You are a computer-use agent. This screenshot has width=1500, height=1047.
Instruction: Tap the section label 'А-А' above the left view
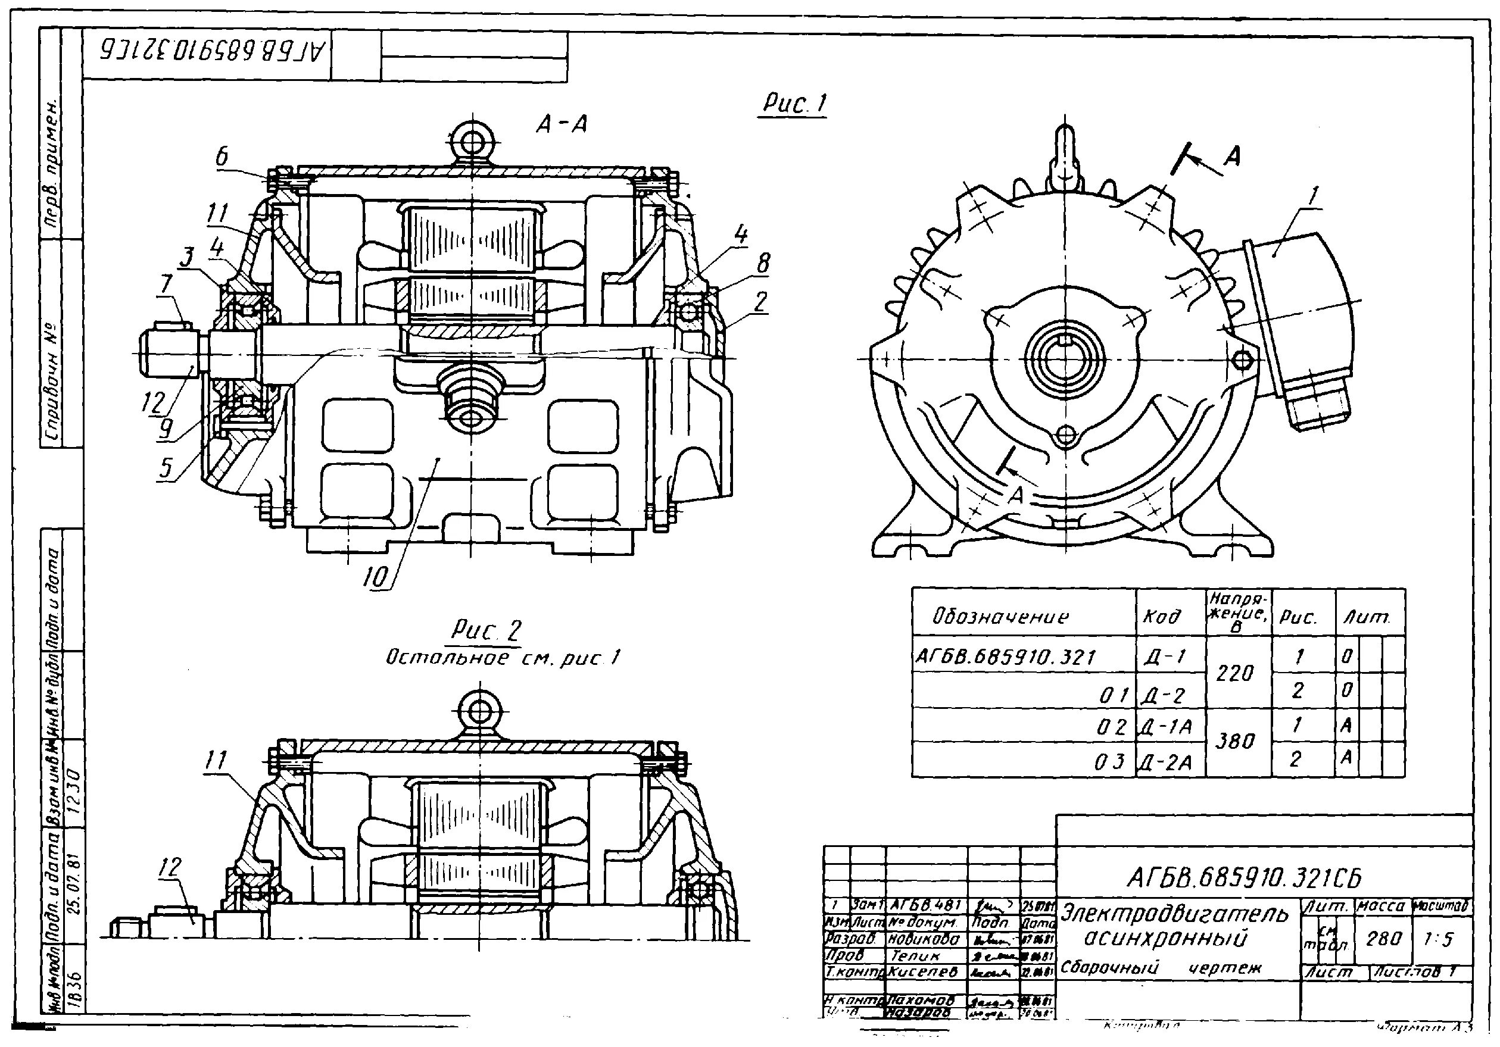[561, 124]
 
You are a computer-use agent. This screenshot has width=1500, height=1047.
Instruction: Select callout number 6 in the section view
[223, 157]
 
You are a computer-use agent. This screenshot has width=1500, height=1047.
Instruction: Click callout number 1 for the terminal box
[1313, 195]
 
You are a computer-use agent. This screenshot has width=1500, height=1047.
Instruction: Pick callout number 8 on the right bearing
[762, 263]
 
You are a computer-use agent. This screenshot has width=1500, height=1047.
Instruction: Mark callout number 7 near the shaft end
[167, 285]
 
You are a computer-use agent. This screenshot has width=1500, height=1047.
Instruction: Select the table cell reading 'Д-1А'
[1170, 727]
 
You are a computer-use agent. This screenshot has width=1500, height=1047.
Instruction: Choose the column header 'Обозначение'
[1000, 617]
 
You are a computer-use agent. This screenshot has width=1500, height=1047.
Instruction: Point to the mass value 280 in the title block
[1384, 939]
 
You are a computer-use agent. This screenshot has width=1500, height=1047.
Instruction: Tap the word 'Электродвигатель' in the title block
[1174, 914]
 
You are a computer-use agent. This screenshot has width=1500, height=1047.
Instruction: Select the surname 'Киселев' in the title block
[924, 971]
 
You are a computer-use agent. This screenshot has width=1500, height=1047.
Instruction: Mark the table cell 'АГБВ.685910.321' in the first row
[1005, 657]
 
